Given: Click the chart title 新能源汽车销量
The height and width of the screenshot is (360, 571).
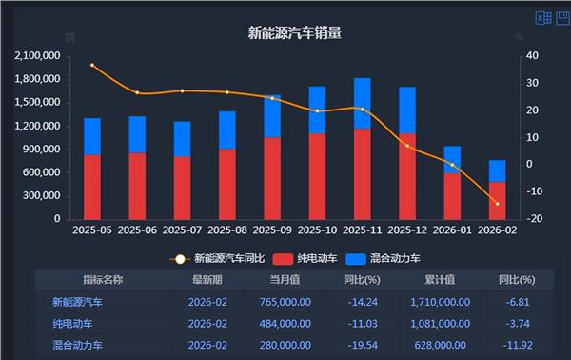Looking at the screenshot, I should pyautogui.click(x=294, y=32).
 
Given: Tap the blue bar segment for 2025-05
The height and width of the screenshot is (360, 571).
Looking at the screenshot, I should pyautogui.click(x=92, y=136).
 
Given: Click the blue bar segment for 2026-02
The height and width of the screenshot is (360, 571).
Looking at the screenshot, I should pyautogui.click(x=498, y=170).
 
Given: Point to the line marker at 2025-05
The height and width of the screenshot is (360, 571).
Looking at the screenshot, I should pyautogui.click(x=92, y=65).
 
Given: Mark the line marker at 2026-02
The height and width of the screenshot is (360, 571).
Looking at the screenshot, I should pyautogui.click(x=498, y=203).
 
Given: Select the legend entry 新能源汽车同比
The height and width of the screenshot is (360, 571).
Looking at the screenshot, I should pyautogui.click(x=220, y=257).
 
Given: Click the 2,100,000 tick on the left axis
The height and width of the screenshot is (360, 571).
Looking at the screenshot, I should pyautogui.click(x=38, y=56).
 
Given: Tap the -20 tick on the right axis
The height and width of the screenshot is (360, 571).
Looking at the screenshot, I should pyautogui.click(x=535, y=219).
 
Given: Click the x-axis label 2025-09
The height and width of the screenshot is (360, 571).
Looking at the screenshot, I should pyautogui.click(x=272, y=230).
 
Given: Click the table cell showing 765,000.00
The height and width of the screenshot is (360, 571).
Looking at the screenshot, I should pyautogui.click(x=285, y=302).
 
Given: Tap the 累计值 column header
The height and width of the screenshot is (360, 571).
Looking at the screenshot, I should pyautogui.click(x=441, y=280).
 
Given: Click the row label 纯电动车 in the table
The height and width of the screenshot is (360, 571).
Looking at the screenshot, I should pyautogui.click(x=74, y=323).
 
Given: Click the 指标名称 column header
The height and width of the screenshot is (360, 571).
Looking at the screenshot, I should pyautogui.click(x=103, y=280).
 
